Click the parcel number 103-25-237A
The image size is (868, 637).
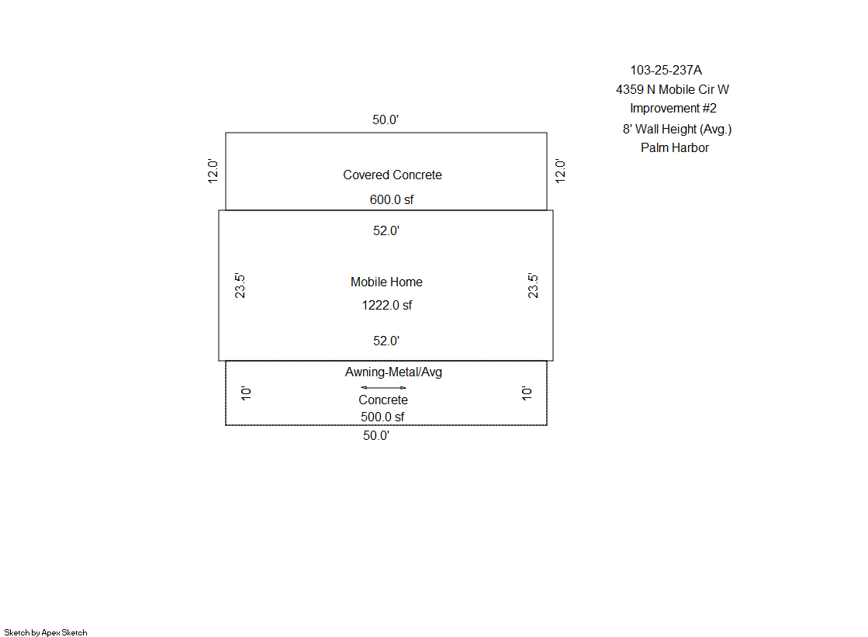[x=666, y=71]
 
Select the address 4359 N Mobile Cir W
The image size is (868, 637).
[x=672, y=90]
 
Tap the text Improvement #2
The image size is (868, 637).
[x=673, y=109]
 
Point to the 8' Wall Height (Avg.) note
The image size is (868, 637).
[x=677, y=129]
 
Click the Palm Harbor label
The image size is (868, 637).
[x=675, y=148]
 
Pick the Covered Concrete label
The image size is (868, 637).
[x=393, y=175]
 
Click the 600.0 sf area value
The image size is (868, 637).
[x=392, y=199]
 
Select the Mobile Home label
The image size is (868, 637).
[x=386, y=282]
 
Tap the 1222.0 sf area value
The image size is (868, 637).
[x=387, y=305]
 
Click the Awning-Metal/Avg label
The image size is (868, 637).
[x=393, y=372]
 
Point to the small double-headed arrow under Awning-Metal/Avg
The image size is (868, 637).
[x=383, y=388]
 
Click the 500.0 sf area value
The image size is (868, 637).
[x=382, y=417]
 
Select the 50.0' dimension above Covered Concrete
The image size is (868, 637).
[x=386, y=119]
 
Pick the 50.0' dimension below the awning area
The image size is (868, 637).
[x=376, y=436]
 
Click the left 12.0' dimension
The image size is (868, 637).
[x=213, y=171]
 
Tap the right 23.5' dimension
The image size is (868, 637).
[x=533, y=286]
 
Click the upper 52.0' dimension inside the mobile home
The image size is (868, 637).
[x=386, y=231]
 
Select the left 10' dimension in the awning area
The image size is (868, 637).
[x=247, y=393]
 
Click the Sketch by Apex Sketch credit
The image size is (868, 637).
[x=46, y=632]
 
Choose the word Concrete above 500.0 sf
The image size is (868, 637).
[x=383, y=400]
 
